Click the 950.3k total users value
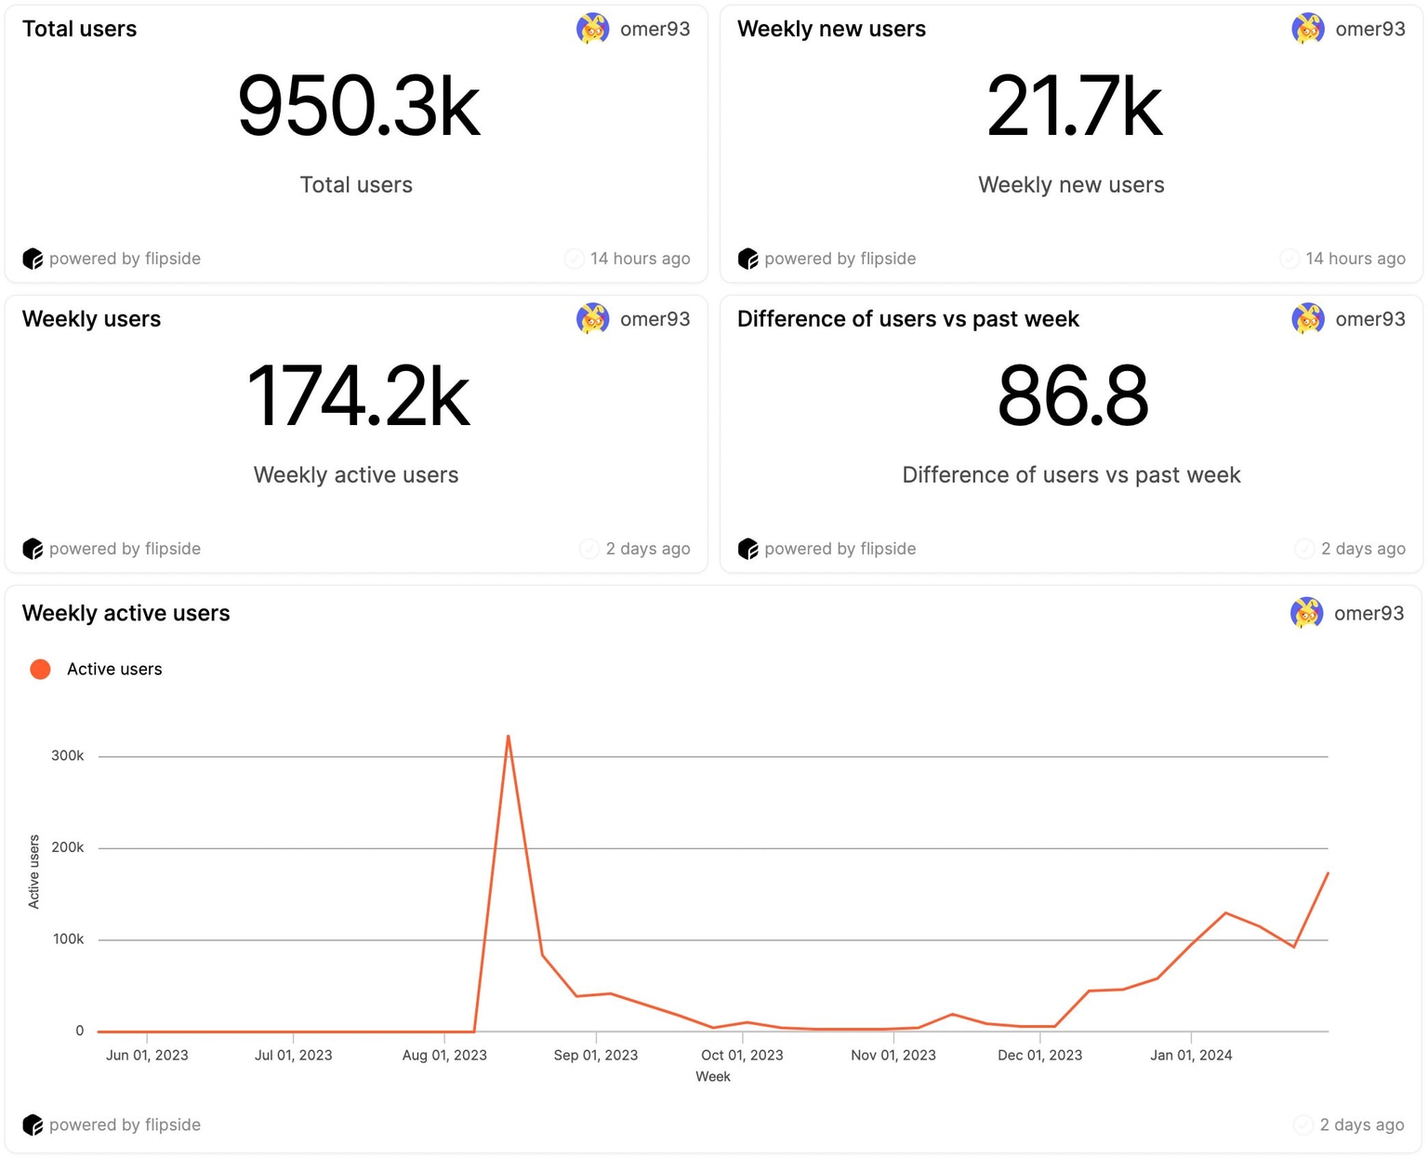358,107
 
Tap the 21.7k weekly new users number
1074,107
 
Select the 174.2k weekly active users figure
358,397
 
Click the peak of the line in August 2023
508,737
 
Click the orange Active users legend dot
40,670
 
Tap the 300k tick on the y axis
68,756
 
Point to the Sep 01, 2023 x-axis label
596,1055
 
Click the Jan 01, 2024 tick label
1191,1055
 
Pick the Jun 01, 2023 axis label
147,1055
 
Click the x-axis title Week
713,1076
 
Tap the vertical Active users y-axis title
34,872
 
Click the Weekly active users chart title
126,613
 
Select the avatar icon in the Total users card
592,29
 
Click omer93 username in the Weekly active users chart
1368,613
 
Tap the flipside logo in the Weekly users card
33,549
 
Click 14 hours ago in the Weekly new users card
1355,259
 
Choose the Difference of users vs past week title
907,319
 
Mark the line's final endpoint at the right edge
1328,872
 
